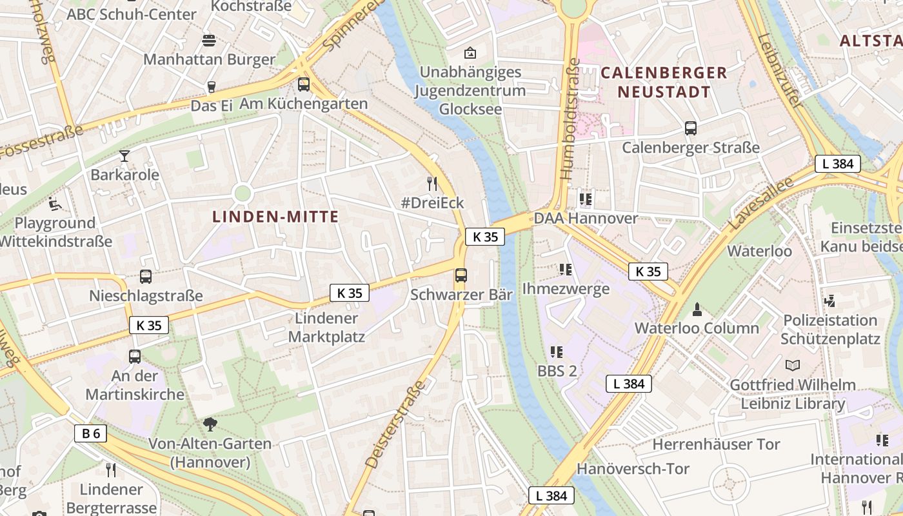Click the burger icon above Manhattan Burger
(x=208, y=41)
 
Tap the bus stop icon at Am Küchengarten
(x=304, y=84)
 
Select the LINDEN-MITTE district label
(x=275, y=217)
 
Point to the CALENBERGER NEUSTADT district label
(x=664, y=82)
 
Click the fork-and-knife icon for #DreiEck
(x=432, y=184)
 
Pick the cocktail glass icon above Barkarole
(x=124, y=155)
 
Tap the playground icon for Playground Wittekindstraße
(x=55, y=204)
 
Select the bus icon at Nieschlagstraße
(x=146, y=277)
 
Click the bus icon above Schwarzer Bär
(x=461, y=275)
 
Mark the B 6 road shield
(x=91, y=433)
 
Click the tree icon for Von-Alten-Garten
(x=210, y=424)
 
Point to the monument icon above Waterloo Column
(x=697, y=309)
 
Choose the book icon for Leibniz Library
(x=793, y=366)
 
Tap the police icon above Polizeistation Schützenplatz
(x=830, y=301)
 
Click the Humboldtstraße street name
(x=569, y=119)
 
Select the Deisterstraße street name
(x=395, y=424)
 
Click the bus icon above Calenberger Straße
(x=691, y=128)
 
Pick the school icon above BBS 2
(x=557, y=352)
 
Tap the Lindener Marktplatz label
(x=326, y=328)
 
